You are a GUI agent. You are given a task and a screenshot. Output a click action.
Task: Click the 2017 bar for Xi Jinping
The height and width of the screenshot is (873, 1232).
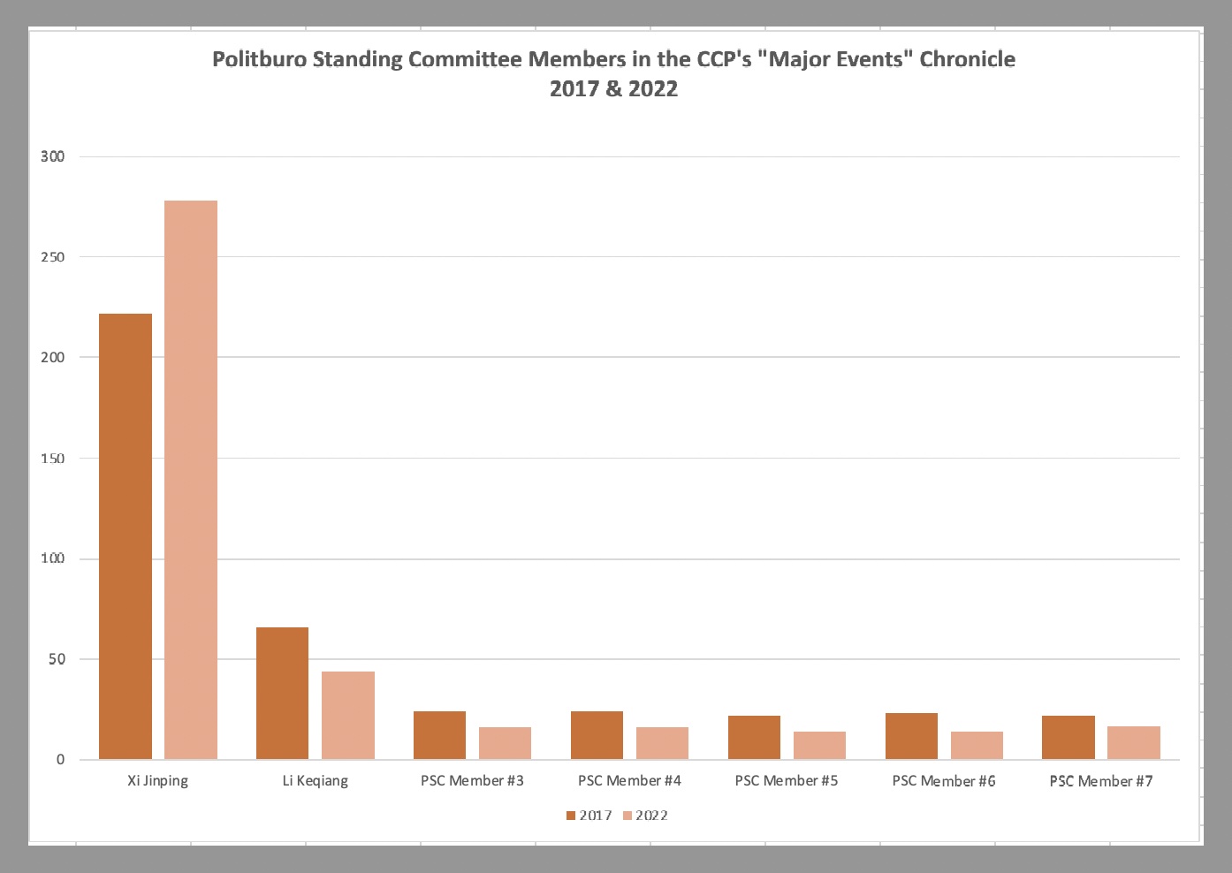click(125, 536)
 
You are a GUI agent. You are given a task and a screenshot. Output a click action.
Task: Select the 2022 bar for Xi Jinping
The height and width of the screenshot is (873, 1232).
click(191, 480)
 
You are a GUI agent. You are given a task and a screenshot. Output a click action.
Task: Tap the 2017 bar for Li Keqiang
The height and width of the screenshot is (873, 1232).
click(282, 693)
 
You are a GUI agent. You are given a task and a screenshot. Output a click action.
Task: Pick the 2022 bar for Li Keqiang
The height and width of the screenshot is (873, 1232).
click(348, 715)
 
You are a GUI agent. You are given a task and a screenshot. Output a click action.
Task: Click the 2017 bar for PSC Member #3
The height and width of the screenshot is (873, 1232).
click(439, 735)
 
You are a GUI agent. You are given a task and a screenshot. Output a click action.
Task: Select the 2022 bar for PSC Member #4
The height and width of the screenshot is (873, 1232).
click(662, 743)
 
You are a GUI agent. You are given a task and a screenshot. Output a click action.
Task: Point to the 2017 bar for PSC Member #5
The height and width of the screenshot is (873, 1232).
click(754, 737)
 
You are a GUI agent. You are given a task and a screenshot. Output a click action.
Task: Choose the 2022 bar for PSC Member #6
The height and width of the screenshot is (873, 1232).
click(977, 745)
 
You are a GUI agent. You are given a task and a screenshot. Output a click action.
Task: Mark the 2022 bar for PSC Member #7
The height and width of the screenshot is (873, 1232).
click(1134, 742)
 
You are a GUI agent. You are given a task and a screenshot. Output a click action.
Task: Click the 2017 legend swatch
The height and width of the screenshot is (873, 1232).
click(571, 816)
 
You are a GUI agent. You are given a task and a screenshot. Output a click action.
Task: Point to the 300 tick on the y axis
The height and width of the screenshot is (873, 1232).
click(53, 156)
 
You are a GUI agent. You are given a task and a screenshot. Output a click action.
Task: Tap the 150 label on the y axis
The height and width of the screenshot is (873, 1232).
click(53, 458)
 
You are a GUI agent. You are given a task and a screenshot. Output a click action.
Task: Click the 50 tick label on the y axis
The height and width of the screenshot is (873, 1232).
click(57, 659)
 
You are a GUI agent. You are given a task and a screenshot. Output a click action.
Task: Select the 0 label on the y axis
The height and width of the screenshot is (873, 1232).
click(60, 760)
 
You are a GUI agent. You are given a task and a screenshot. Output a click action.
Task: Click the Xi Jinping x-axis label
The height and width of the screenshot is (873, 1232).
click(157, 781)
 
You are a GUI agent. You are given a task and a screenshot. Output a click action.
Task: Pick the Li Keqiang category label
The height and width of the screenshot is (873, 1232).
click(316, 781)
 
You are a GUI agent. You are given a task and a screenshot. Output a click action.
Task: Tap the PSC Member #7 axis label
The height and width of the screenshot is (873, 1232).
click(1101, 781)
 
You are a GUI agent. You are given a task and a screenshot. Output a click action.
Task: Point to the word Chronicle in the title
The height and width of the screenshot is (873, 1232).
click(967, 59)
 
